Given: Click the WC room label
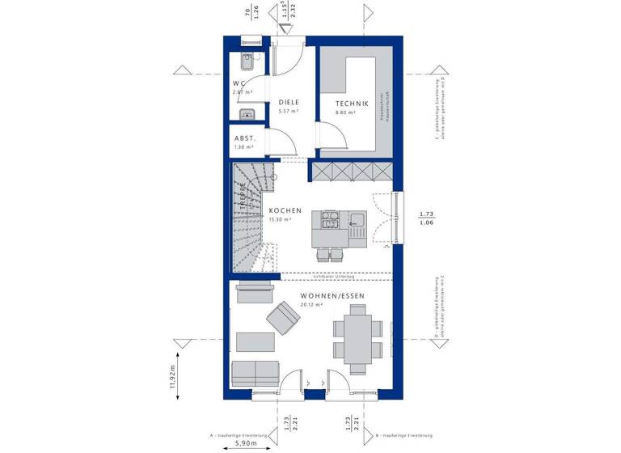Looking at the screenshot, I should pyautogui.click(x=239, y=83).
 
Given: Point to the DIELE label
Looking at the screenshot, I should pyautogui.click(x=289, y=102).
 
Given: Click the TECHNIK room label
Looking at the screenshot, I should pyautogui.click(x=353, y=104).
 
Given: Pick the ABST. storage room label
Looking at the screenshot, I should pyautogui.click(x=244, y=138).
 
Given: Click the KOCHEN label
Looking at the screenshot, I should pyautogui.click(x=285, y=210).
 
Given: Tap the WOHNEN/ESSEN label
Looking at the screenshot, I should pyautogui.click(x=332, y=296).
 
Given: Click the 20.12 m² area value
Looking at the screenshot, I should pyautogui.click(x=311, y=306).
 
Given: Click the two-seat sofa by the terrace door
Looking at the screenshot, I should pyautogui.click(x=255, y=373).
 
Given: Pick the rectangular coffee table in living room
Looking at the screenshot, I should pyautogui.click(x=253, y=341).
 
